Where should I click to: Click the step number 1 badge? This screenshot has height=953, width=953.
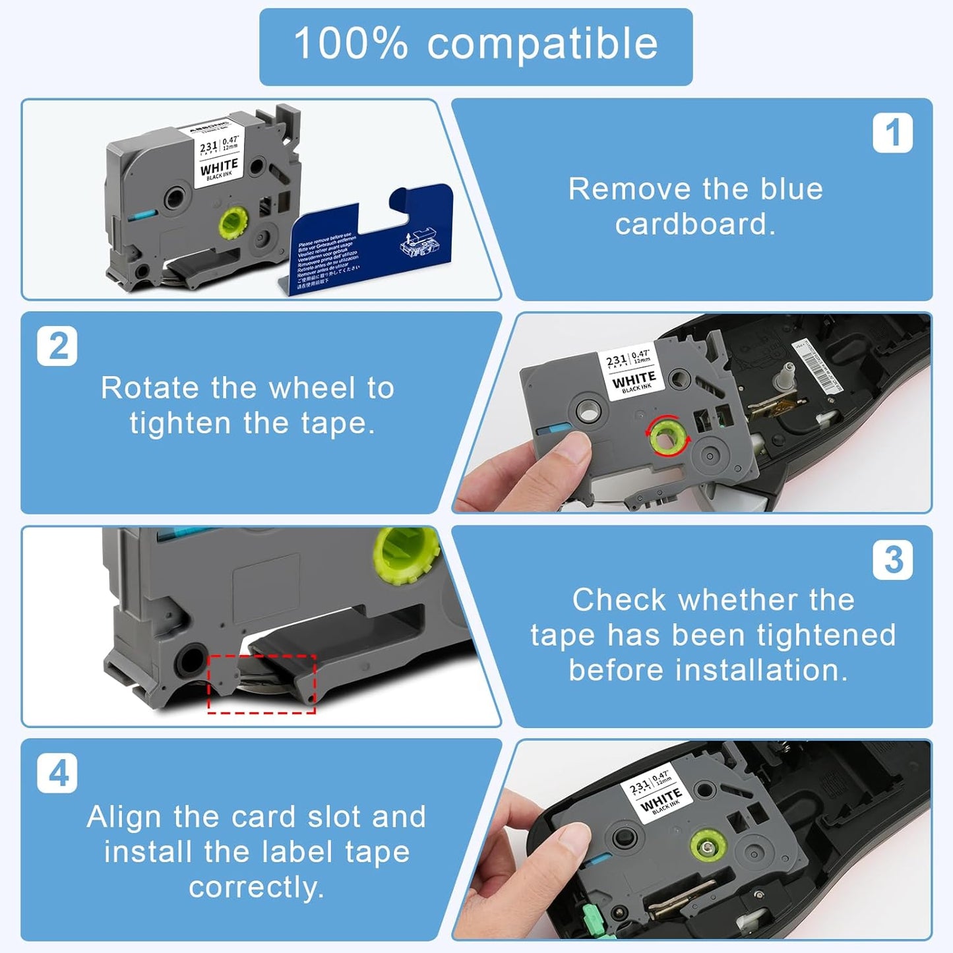pyautogui.click(x=892, y=133)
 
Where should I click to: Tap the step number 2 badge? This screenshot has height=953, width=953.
pyautogui.click(x=57, y=346)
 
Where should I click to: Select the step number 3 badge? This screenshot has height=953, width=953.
pyautogui.click(x=892, y=560)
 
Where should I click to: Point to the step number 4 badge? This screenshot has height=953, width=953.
pyautogui.click(x=57, y=773)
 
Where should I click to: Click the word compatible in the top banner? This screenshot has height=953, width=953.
pyautogui.click(x=542, y=45)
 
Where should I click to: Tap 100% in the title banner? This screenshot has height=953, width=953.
pyautogui.click(x=351, y=44)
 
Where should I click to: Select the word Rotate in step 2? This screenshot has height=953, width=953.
pyautogui.click(x=152, y=388)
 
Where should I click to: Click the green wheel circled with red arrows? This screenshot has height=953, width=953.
pyautogui.click(x=668, y=435)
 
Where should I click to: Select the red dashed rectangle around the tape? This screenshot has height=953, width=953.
pyautogui.click(x=262, y=684)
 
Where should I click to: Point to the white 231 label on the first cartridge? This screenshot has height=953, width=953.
pyautogui.click(x=218, y=156)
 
